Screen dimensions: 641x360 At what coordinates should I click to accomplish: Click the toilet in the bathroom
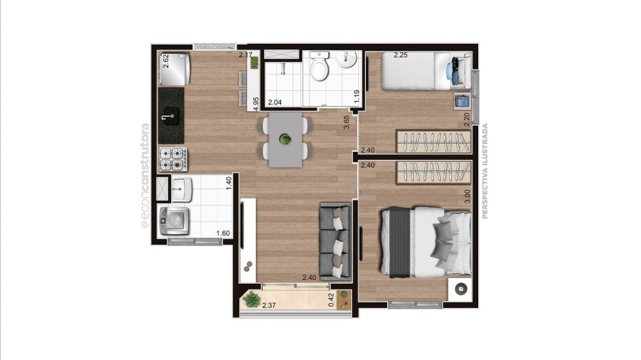click(319, 66)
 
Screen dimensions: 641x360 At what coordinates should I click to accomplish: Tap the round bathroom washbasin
click(346, 60)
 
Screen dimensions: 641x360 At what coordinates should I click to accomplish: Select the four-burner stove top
click(173, 159)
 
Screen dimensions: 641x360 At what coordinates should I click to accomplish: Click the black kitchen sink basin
click(171, 116)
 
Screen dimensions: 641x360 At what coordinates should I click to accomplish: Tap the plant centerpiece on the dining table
click(285, 140)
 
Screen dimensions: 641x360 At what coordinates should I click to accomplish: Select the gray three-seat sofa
click(335, 242)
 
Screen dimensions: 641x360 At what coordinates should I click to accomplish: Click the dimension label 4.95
click(256, 104)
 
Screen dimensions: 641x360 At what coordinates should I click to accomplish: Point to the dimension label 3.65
click(346, 122)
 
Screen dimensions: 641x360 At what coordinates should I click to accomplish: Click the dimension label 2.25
click(401, 54)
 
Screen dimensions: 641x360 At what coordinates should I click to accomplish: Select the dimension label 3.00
click(467, 197)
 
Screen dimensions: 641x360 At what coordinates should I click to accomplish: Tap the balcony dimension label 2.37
click(269, 306)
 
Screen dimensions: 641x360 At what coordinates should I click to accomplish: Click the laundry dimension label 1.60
click(223, 233)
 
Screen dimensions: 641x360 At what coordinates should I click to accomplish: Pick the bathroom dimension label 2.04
click(275, 102)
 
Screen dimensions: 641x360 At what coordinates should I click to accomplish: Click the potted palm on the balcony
click(251, 300)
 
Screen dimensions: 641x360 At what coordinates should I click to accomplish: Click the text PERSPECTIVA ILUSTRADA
click(485, 171)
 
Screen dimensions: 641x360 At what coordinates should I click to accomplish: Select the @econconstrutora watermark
click(145, 176)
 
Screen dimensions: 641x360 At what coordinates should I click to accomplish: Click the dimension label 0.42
click(331, 300)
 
